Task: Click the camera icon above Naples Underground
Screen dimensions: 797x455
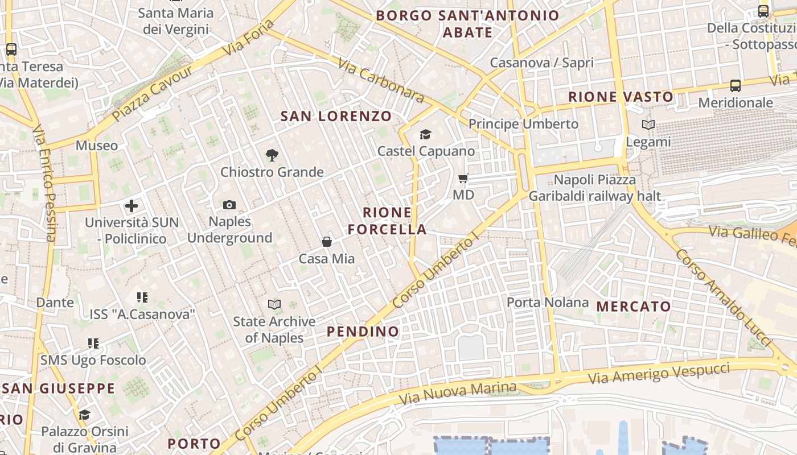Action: pos(229,205)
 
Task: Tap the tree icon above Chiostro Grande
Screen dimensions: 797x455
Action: pos(272,155)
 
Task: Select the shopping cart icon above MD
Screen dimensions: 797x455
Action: pos(463,179)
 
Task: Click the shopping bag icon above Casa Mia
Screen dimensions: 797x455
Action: pos(327,242)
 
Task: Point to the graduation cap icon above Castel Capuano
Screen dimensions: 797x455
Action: pos(425,134)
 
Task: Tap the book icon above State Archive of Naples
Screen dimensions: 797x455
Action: pos(274,305)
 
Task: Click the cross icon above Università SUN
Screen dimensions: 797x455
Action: pos(132,205)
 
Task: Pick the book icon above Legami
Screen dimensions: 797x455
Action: pos(648,125)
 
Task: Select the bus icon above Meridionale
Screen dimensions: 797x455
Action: pos(736,86)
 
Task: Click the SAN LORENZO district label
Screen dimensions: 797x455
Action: pos(336,117)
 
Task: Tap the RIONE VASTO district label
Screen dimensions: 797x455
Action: pos(621,97)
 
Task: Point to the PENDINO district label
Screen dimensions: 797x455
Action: pos(363,332)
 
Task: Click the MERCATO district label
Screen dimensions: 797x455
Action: pos(634,307)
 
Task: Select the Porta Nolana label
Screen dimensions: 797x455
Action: pos(548,302)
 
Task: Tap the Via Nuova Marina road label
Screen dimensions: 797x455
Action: pos(458,392)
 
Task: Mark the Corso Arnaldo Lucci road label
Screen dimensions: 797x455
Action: pos(724,297)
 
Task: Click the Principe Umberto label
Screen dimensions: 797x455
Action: pos(523,124)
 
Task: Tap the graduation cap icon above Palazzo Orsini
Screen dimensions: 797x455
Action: pos(85,415)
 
